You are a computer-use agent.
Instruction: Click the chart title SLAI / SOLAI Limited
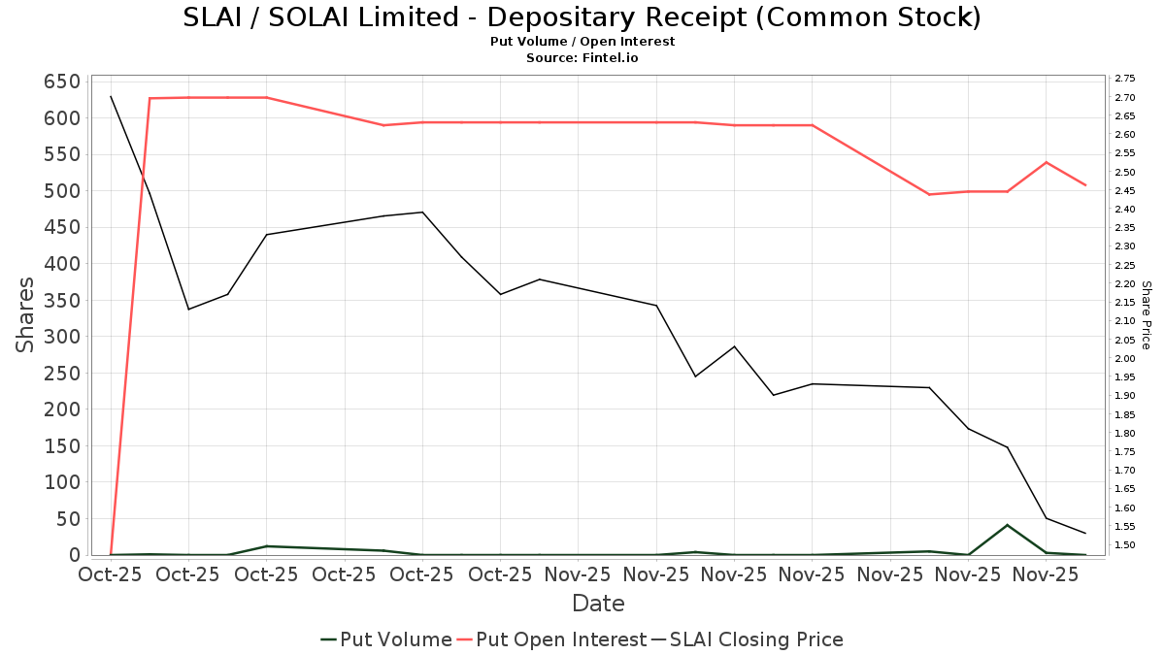(582, 17)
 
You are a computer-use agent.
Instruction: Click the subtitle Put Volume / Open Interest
(582, 42)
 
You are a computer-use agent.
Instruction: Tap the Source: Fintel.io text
(582, 58)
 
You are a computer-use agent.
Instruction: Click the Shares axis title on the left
(25, 314)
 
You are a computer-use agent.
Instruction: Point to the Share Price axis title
(1146, 314)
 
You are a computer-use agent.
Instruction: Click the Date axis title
(598, 604)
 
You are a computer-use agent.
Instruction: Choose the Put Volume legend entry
(386, 639)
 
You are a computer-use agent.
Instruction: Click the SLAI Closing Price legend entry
(748, 639)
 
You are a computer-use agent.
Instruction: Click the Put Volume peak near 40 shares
(1007, 525)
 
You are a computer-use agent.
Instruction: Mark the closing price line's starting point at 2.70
(111, 96)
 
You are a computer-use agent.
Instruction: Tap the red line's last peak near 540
(1046, 162)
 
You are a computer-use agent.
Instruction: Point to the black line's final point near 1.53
(1084, 533)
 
